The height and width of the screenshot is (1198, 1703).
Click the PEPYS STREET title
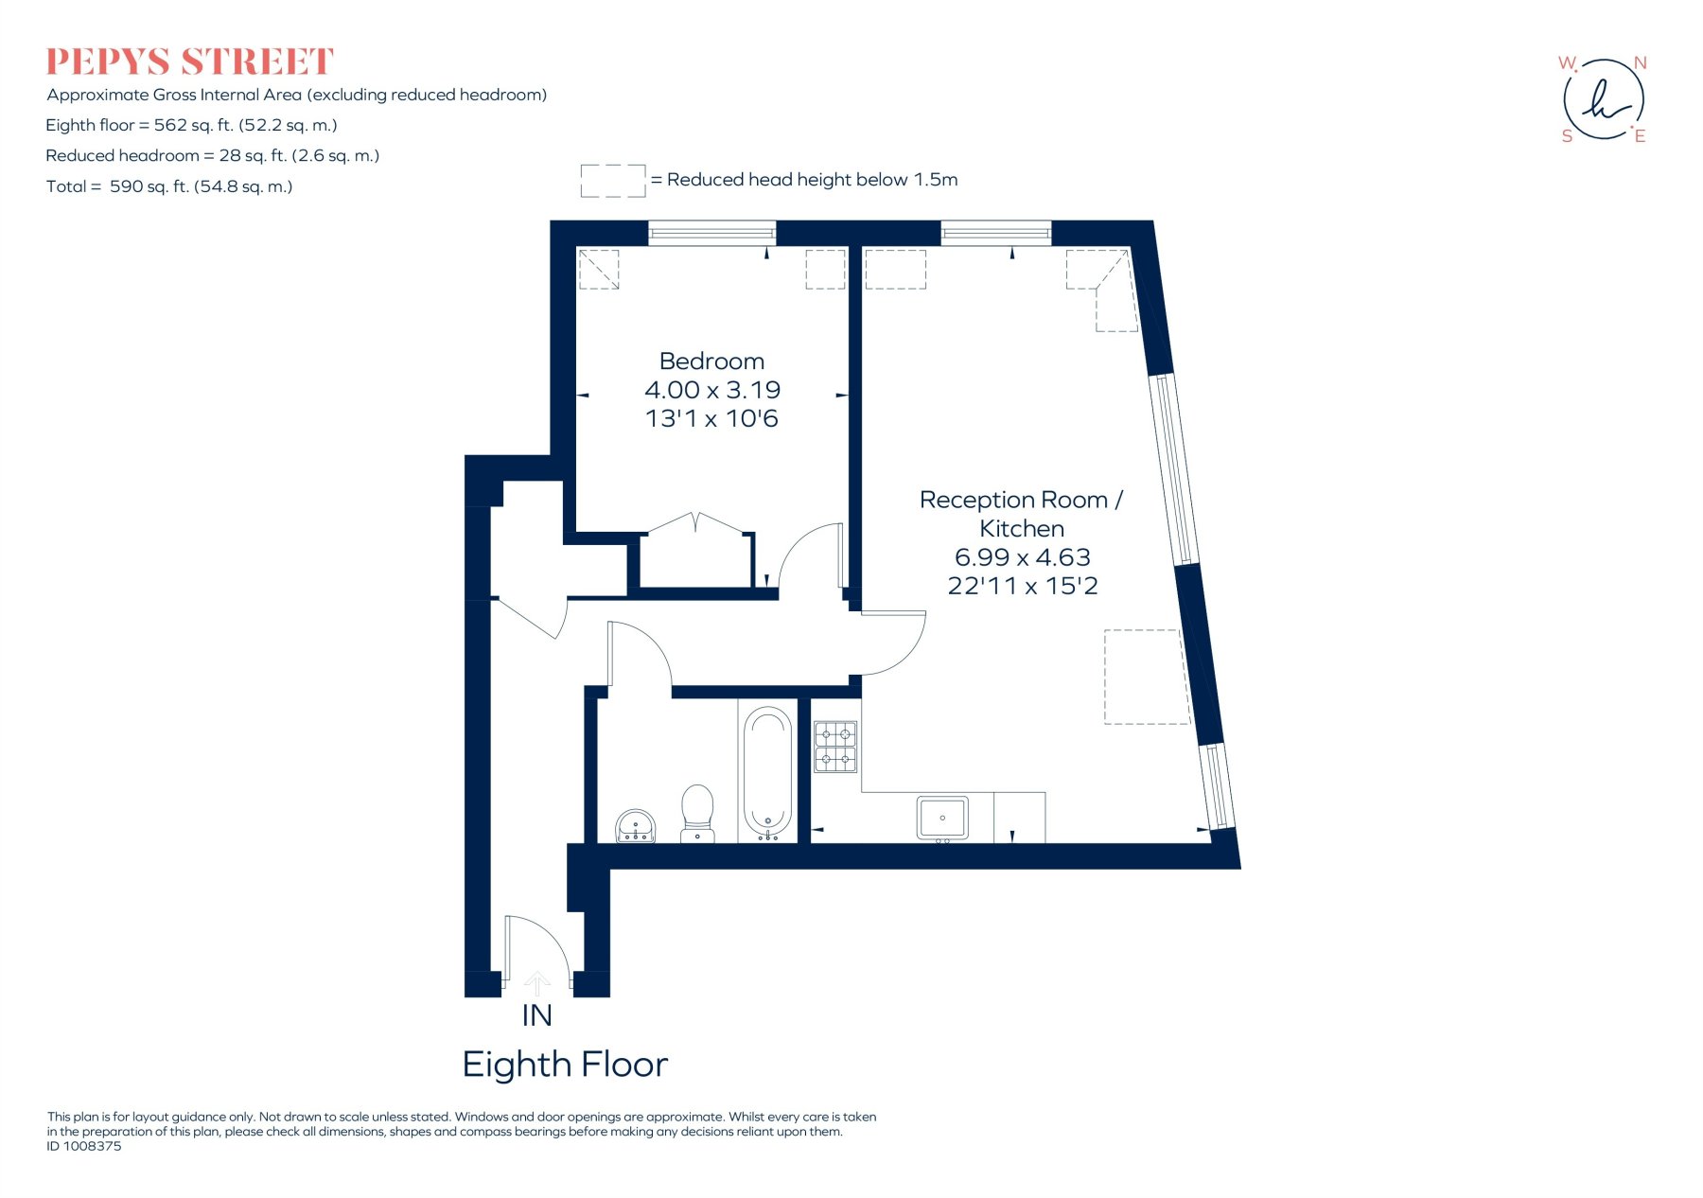(x=190, y=62)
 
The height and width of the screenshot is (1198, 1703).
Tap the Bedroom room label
(x=711, y=361)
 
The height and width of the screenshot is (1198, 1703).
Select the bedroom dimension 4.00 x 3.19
(x=712, y=390)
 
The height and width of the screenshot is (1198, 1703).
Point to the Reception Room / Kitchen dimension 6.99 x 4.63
(x=1023, y=557)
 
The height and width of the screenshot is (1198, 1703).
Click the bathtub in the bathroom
(x=767, y=772)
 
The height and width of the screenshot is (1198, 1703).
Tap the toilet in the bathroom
(x=697, y=813)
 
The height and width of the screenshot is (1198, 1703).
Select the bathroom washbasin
(x=636, y=825)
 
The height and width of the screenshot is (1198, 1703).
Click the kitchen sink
(x=942, y=819)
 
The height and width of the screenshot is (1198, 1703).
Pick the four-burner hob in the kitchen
(x=835, y=747)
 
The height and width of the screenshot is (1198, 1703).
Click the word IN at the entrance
(x=536, y=1015)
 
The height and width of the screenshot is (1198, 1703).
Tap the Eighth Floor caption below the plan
(x=565, y=1065)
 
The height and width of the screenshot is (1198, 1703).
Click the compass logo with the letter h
(x=1604, y=98)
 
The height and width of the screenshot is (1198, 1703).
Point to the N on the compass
(x=1640, y=63)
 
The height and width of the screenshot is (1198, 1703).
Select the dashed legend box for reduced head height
(x=613, y=180)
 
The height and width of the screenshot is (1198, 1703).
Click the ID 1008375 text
(x=84, y=1146)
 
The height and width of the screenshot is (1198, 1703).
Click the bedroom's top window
(x=711, y=233)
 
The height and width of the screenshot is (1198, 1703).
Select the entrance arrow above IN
(x=536, y=983)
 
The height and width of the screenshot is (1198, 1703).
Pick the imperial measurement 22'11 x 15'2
(x=1023, y=586)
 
